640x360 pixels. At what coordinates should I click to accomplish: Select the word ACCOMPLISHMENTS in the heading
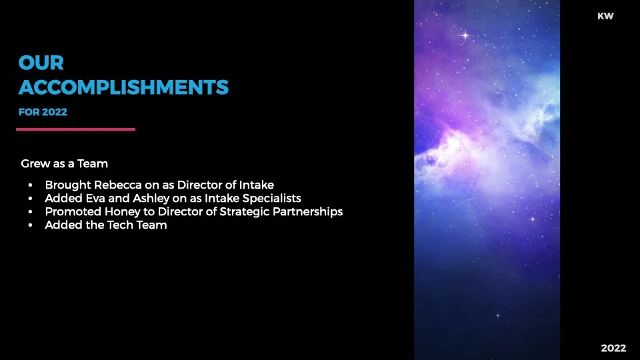(124, 87)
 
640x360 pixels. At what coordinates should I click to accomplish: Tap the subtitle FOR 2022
(43, 112)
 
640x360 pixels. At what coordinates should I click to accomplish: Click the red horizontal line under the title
(75, 129)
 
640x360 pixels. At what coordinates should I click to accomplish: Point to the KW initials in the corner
(605, 16)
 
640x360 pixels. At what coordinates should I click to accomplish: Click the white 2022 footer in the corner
(613, 348)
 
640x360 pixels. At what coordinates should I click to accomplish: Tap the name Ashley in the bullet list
(137, 198)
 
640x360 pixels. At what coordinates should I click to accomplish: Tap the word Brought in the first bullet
(65, 185)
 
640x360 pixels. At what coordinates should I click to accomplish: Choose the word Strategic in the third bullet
(246, 211)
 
